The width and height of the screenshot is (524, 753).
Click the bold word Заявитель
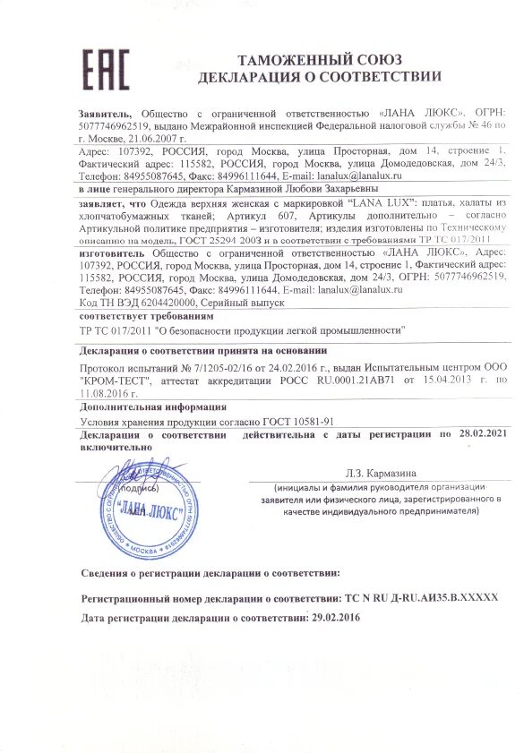coord(105,115)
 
